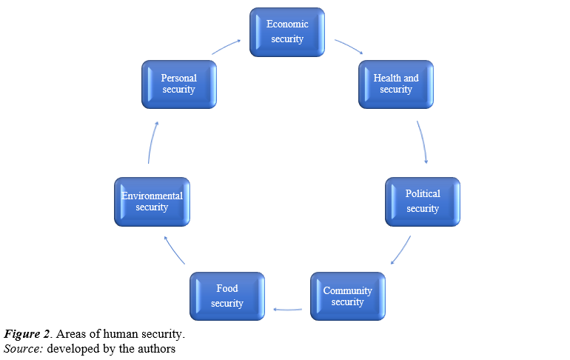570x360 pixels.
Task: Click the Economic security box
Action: (287, 32)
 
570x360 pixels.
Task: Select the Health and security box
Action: (396, 84)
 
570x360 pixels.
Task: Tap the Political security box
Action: (423, 201)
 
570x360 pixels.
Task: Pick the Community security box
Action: (348, 296)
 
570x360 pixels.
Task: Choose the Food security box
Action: (227, 296)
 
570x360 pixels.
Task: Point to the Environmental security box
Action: (152, 201)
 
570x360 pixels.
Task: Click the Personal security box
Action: (179, 84)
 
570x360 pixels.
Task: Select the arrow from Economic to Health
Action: (348, 47)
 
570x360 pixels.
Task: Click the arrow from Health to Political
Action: (423, 141)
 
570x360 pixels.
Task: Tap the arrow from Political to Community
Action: (400, 250)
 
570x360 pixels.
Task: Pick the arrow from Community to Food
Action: (287, 309)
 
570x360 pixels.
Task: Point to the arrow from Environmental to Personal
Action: (152, 141)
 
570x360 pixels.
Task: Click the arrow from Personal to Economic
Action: (227, 47)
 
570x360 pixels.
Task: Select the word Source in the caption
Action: (22, 348)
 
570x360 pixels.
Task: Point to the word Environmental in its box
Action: (152, 196)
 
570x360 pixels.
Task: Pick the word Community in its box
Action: (348, 290)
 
